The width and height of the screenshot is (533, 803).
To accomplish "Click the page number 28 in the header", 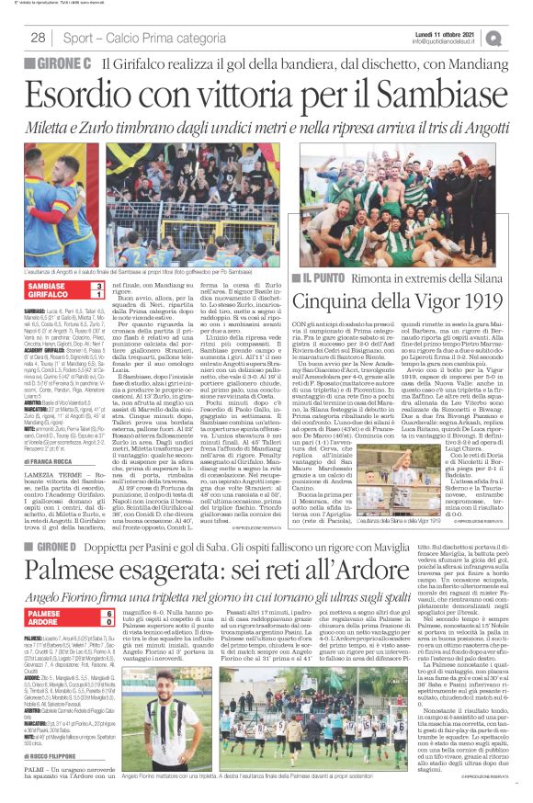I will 39,38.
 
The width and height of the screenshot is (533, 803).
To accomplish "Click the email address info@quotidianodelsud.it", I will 448,41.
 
